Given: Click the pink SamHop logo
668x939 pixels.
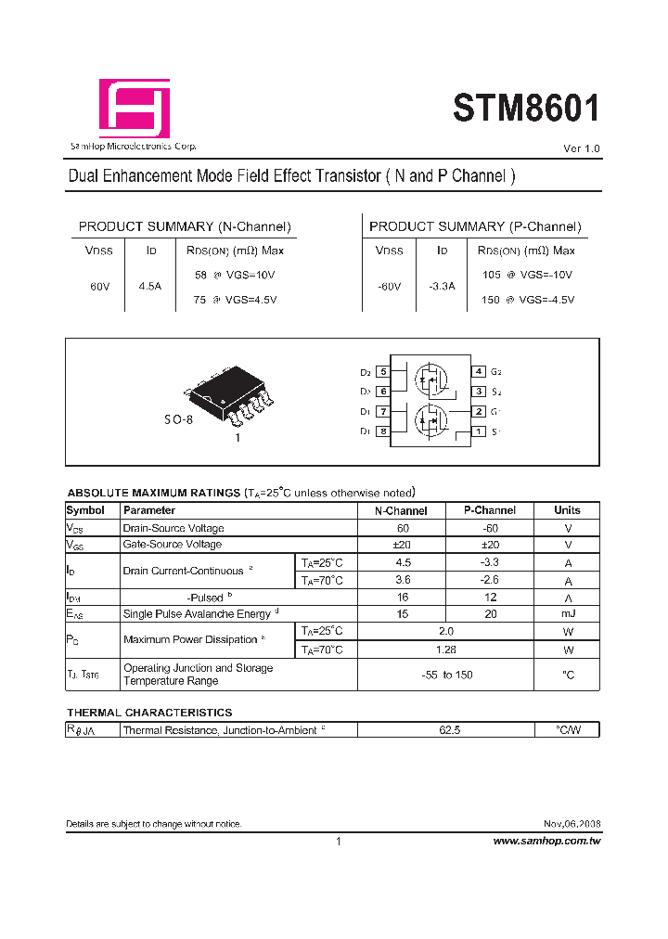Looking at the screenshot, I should tap(135, 109).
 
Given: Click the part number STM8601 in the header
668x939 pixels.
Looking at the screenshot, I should tap(525, 109).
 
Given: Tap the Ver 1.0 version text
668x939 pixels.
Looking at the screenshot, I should tap(582, 149).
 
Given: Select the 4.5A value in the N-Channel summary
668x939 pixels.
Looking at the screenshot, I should tap(149, 287).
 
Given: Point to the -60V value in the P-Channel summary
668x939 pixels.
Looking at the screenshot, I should tap(389, 287).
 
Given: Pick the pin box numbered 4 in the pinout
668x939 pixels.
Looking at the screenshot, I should tap(479, 371).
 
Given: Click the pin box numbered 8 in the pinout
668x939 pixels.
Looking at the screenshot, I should tap(382, 431).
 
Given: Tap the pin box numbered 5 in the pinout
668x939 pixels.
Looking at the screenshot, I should tap(382, 371).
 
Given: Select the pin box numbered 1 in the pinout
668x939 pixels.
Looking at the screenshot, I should tap(479, 431).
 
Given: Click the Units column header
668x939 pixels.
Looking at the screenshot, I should tap(567, 510).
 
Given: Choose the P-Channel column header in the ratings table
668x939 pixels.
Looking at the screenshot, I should tap(491, 510).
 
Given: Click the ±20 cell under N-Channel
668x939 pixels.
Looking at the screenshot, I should tap(402, 545).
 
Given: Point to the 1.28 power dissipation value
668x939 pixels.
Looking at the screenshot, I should tap(446, 650).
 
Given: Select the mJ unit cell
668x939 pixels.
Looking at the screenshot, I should tap(567, 614).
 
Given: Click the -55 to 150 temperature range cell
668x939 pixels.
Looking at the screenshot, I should tap(446, 675).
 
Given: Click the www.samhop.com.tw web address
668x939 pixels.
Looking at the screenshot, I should tap(546, 841).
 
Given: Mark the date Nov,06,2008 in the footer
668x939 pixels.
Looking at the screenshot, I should tap(572, 824).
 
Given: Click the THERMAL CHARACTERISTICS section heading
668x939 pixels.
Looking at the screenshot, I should tap(149, 713).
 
